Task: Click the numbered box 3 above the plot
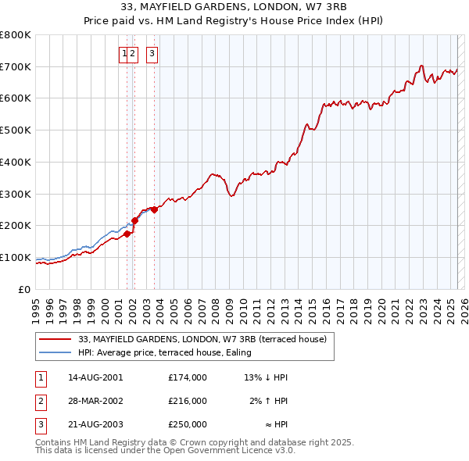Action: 152,54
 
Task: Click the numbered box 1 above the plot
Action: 124,54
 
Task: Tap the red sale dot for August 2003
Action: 155,209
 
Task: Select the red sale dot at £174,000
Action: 127,233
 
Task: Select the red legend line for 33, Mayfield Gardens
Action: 55,339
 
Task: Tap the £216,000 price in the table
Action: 187,401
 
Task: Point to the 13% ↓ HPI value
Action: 266,377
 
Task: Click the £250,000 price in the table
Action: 187,424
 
